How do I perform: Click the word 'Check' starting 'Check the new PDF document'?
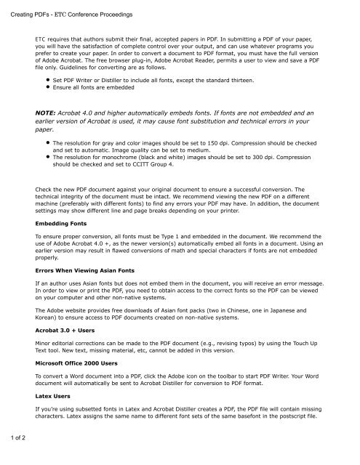(x=47, y=189)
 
